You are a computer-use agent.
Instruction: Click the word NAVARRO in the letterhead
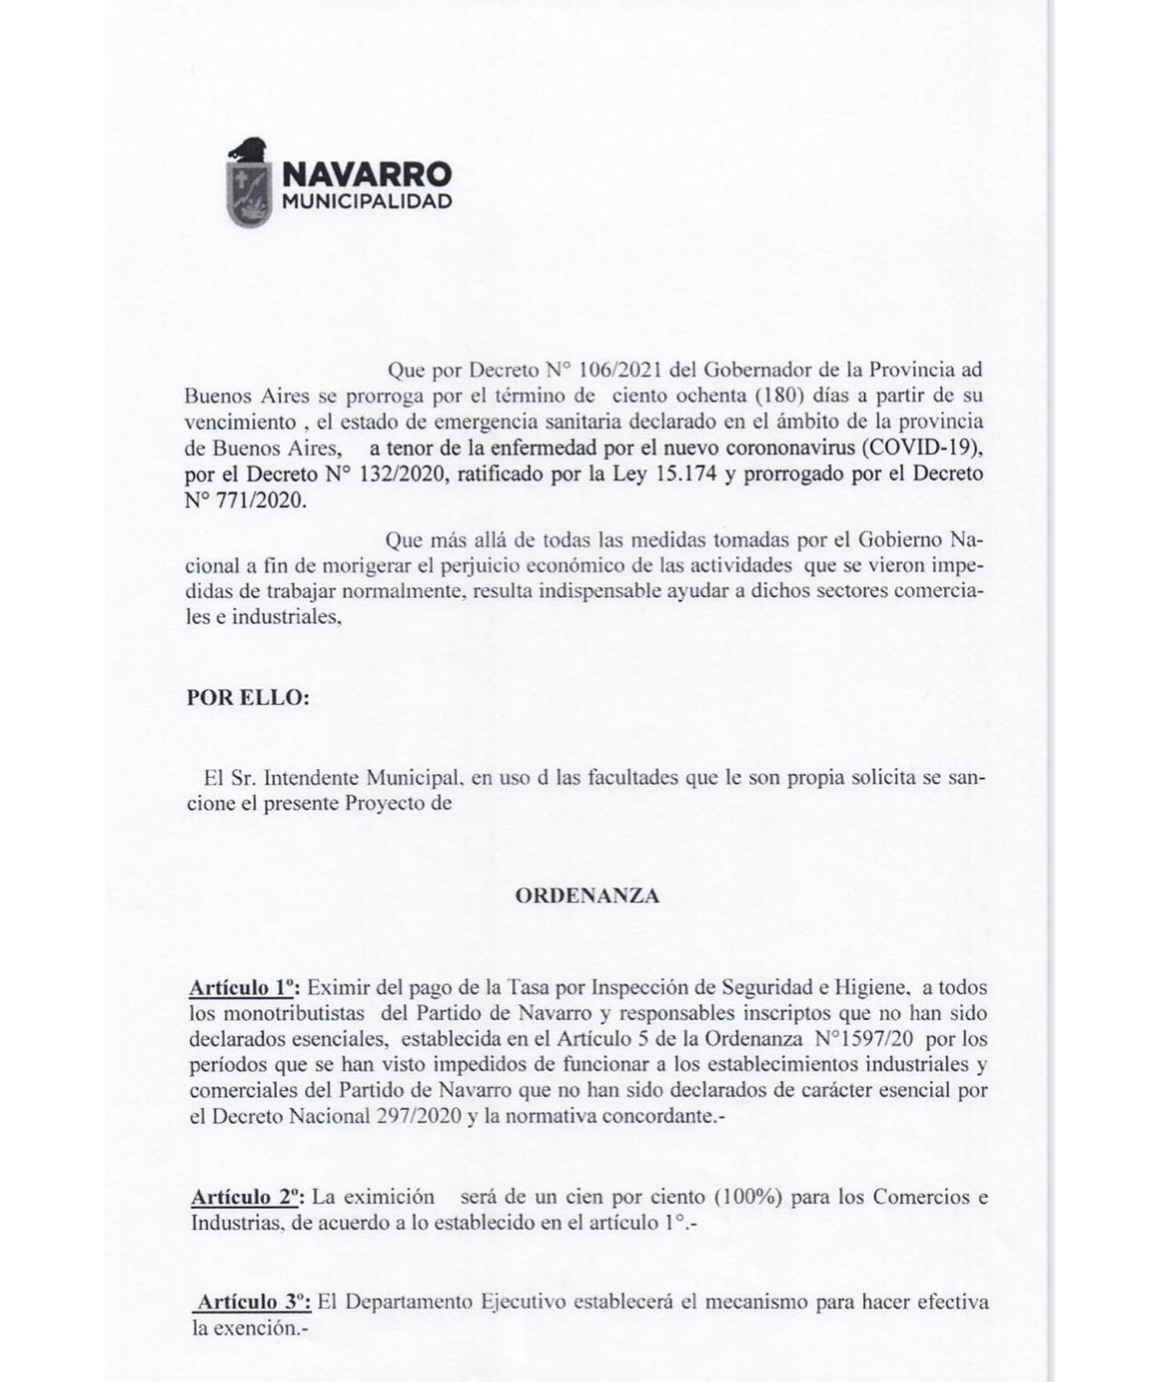(x=367, y=173)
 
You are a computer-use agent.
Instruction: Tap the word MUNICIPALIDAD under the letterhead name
(x=367, y=201)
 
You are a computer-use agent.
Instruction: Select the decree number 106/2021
(x=617, y=370)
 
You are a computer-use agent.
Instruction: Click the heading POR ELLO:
(x=248, y=697)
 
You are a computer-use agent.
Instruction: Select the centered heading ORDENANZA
(x=588, y=896)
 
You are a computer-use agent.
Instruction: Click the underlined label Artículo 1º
(x=243, y=987)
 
